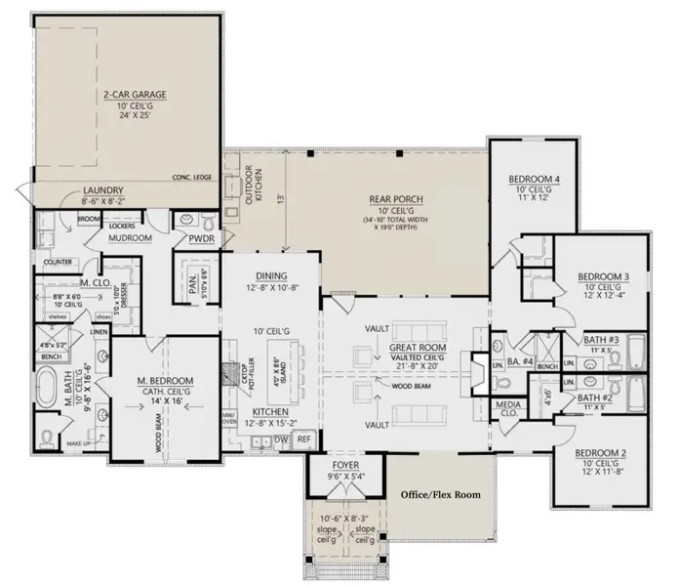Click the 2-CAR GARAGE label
pos(134,95)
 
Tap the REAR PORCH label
pos(393,199)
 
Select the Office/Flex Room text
pos(441,495)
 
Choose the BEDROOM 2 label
pos(599,454)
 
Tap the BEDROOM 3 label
pos(603,276)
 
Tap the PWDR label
pos(201,237)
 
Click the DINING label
pos(270,275)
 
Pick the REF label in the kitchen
pos(303,441)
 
